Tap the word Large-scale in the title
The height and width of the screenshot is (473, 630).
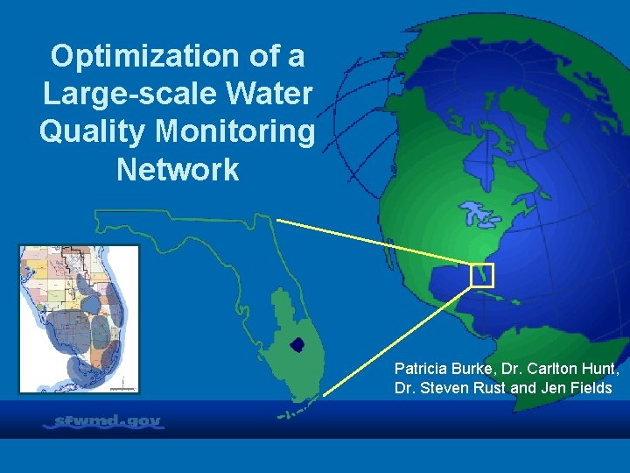click(x=111, y=94)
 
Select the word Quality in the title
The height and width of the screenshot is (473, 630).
click(x=94, y=131)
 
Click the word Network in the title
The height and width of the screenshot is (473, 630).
click(x=178, y=169)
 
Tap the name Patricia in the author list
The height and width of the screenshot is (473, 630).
click(x=421, y=368)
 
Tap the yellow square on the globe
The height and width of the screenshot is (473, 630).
click(x=482, y=275)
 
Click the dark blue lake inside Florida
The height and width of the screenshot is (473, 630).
click(x=297, y=344)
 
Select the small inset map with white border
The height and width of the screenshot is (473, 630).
click(x=79, y=318)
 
